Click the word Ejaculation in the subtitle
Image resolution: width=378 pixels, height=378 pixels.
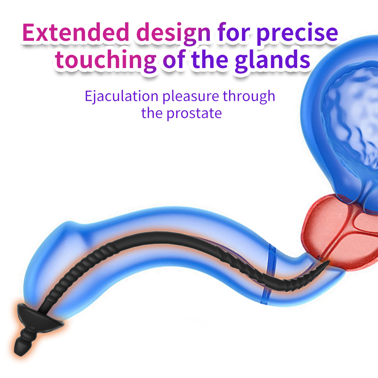(121, 96)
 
